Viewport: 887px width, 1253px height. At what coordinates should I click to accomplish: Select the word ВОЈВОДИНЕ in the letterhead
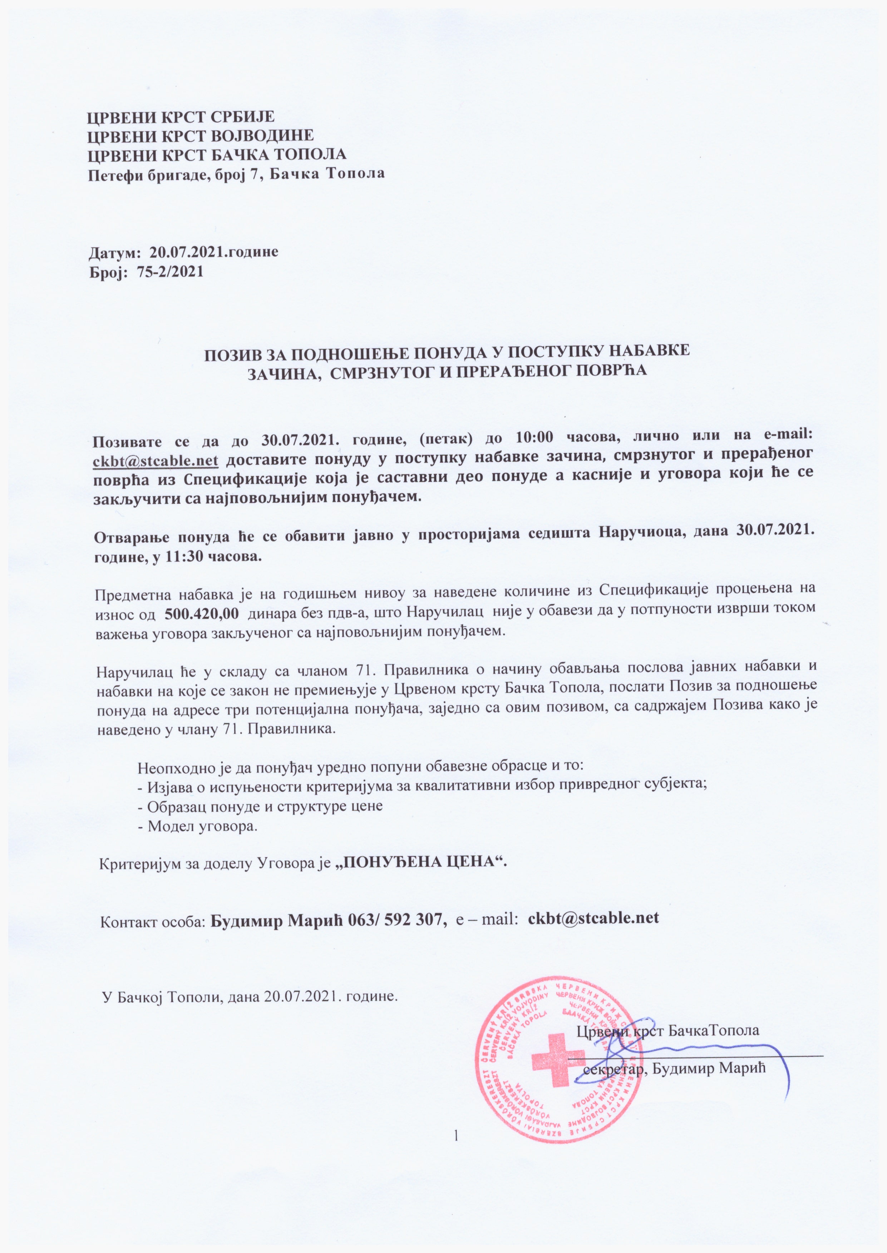264,135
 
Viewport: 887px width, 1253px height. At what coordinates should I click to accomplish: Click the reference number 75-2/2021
171,272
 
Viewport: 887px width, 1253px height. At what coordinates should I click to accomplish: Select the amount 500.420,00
202,613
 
